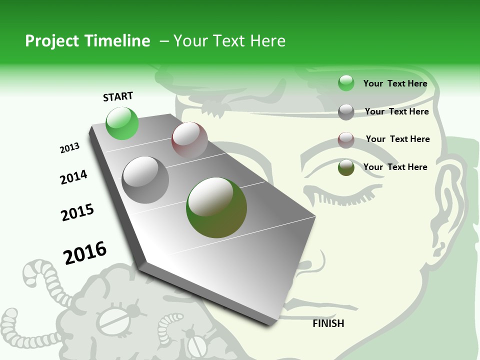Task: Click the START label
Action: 118,96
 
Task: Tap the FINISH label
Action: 328,323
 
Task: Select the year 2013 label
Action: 69,148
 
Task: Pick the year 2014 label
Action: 73,177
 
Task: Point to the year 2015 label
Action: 77,212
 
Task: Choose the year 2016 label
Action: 85,252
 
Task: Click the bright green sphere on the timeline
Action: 122,123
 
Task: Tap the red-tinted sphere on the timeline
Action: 189,140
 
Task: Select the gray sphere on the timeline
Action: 145,179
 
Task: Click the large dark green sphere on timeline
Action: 216,207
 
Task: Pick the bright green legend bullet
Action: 346,83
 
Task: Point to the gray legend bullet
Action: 346,112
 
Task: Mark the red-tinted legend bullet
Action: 346,140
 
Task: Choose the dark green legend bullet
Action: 346,167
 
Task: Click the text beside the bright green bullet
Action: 395,83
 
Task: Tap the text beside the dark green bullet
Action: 395,167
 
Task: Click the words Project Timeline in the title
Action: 87,41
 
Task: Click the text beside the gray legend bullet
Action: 396,111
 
